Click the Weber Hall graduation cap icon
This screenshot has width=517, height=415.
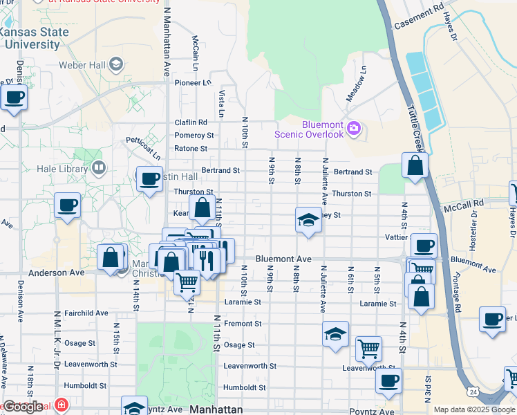(x=116, y=65)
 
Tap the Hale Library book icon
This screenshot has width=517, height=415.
(x=99, y=168)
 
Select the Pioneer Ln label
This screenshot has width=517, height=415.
(x=192, y=82)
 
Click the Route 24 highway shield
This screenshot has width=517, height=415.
(x=473, y=392)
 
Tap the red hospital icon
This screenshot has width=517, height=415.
(x=62, y=404)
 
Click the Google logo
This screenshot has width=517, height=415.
(x=22, y=407)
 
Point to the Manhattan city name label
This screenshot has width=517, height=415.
(x=216, y=409)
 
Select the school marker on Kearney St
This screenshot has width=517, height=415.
(x=308, y=221)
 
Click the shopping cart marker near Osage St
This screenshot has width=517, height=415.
(x=368, y=349)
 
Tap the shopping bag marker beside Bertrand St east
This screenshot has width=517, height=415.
(x=414, y=166)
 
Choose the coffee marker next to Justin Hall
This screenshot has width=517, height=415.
(x=149, y=180)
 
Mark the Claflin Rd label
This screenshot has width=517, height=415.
(x=190, y=122)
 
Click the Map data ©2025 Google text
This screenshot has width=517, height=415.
(x=473, y=409)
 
